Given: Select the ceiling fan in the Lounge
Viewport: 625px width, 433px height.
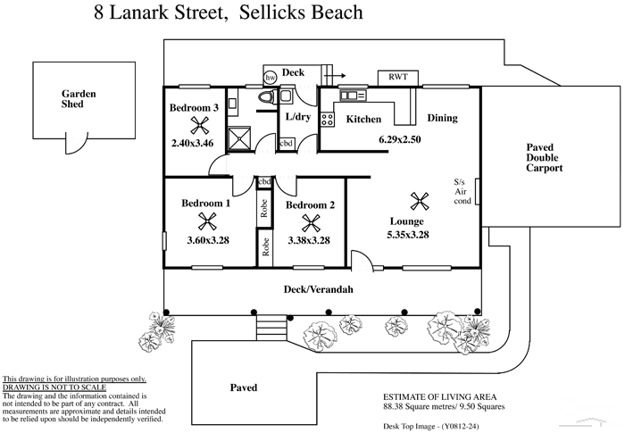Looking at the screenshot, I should pos(416,200).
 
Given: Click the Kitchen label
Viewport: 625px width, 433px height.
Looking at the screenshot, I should pos(363,119).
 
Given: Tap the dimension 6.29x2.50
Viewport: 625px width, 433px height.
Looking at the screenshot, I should pos(399,139).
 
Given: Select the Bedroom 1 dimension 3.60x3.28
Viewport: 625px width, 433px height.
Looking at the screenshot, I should pos(207,239).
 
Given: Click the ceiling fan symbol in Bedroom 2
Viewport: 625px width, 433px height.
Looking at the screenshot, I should pos(311,222).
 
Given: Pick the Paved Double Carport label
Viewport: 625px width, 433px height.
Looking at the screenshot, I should pos(544,157).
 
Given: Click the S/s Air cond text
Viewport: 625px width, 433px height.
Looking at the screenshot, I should pos(461,190).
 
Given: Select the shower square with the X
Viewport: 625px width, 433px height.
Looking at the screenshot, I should pos(239,138).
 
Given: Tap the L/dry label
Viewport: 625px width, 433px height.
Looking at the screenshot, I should pos(296,117).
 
